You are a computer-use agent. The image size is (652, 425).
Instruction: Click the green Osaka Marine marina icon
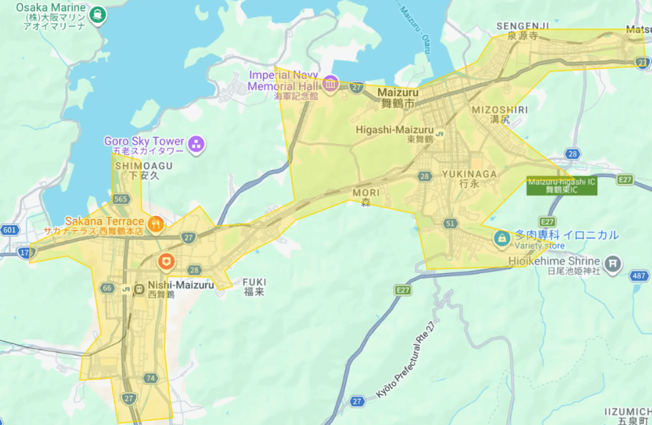click(x=97, y=13)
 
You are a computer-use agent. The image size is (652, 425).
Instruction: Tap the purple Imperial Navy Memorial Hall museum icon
click(x=330, y=83)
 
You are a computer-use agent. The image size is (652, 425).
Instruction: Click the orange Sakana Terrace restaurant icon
click(x=155, y=224)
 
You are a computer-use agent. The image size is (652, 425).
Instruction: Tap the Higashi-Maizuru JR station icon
click(x=440, y=134)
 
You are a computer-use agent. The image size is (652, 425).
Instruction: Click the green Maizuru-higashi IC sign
click(x=562, y=185)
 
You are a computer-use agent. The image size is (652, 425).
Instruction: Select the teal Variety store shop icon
click(x=502, y=239)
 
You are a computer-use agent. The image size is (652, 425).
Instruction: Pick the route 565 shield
click(x=121, y=199)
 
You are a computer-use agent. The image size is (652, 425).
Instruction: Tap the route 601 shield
click(x=10, y=230)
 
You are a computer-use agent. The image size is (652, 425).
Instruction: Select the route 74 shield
click(x=150, y=378)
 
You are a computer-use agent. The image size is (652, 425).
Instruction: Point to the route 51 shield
click(x=451, y=223)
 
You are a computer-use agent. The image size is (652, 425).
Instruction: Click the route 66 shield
click(x=107, y=288)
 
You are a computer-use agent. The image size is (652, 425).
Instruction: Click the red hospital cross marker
click(x=166, y=260)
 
